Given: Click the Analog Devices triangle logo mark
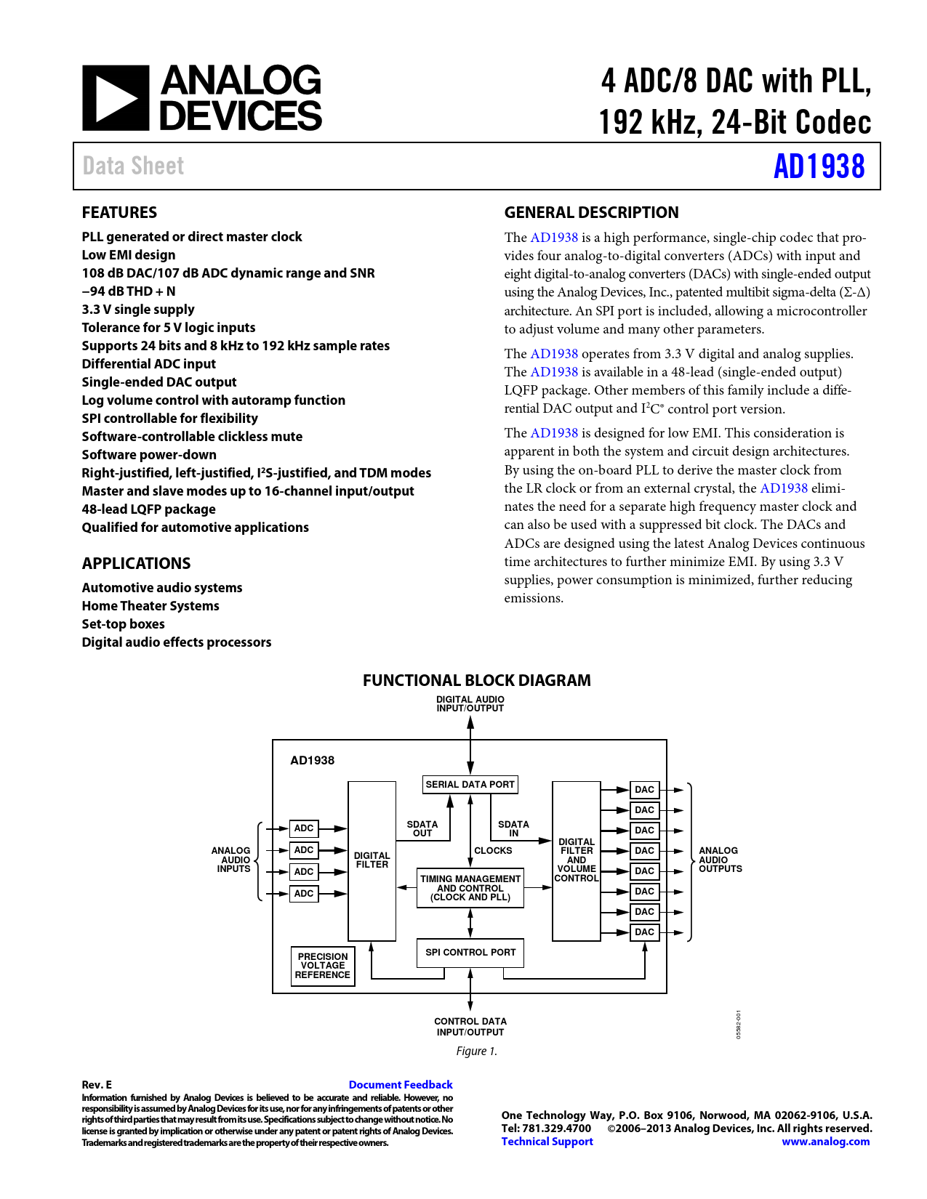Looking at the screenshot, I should pyautogui.click(x=116, y=98).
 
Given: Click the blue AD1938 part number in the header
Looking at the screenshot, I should pyautogui.click(x=819, y=166).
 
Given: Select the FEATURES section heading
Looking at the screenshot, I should pyautogui.click(x=119, y=213).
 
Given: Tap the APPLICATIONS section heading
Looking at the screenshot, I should pyautogui.click(x=136, y=564).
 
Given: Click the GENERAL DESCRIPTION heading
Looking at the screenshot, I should pyautogui.click(x=591, y=213).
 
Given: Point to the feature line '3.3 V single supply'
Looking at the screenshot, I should pyautogui.click(x=138, y=310).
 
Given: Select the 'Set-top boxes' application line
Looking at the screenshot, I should pyautogui.click(x=123, y=624).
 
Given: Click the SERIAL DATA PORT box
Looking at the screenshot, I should pyautogui.click(x=470, y=785).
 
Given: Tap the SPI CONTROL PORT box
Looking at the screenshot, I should pyautogui.click(x=470, y=953).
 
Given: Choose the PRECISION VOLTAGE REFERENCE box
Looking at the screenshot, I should pyautogui.click(x=323, y=966).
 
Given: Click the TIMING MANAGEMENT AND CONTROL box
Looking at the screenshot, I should pyautogui.click(x=470, y=888).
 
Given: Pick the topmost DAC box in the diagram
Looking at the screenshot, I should pyautogui.click(x=644, y=790).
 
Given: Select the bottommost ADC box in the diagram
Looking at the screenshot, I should pyautogui.click(x=304, y=894).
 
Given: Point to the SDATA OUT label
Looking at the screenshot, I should pyautogui.click(x=422, y=829).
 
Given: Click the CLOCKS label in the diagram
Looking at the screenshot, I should pyautogui.click(x=493, y=851).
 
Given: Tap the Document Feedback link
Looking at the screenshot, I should pyautogui.click(x=401, y=1085).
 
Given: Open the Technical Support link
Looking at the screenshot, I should pyautogui.click(x=547, y=1142).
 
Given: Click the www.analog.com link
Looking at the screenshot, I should pyautogui.click(x=825, y=1142).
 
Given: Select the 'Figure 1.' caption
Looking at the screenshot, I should pyautogui.click(x=476, y=1051).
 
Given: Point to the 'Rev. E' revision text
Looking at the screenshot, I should pyautogui.click(x=97, y=1085).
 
